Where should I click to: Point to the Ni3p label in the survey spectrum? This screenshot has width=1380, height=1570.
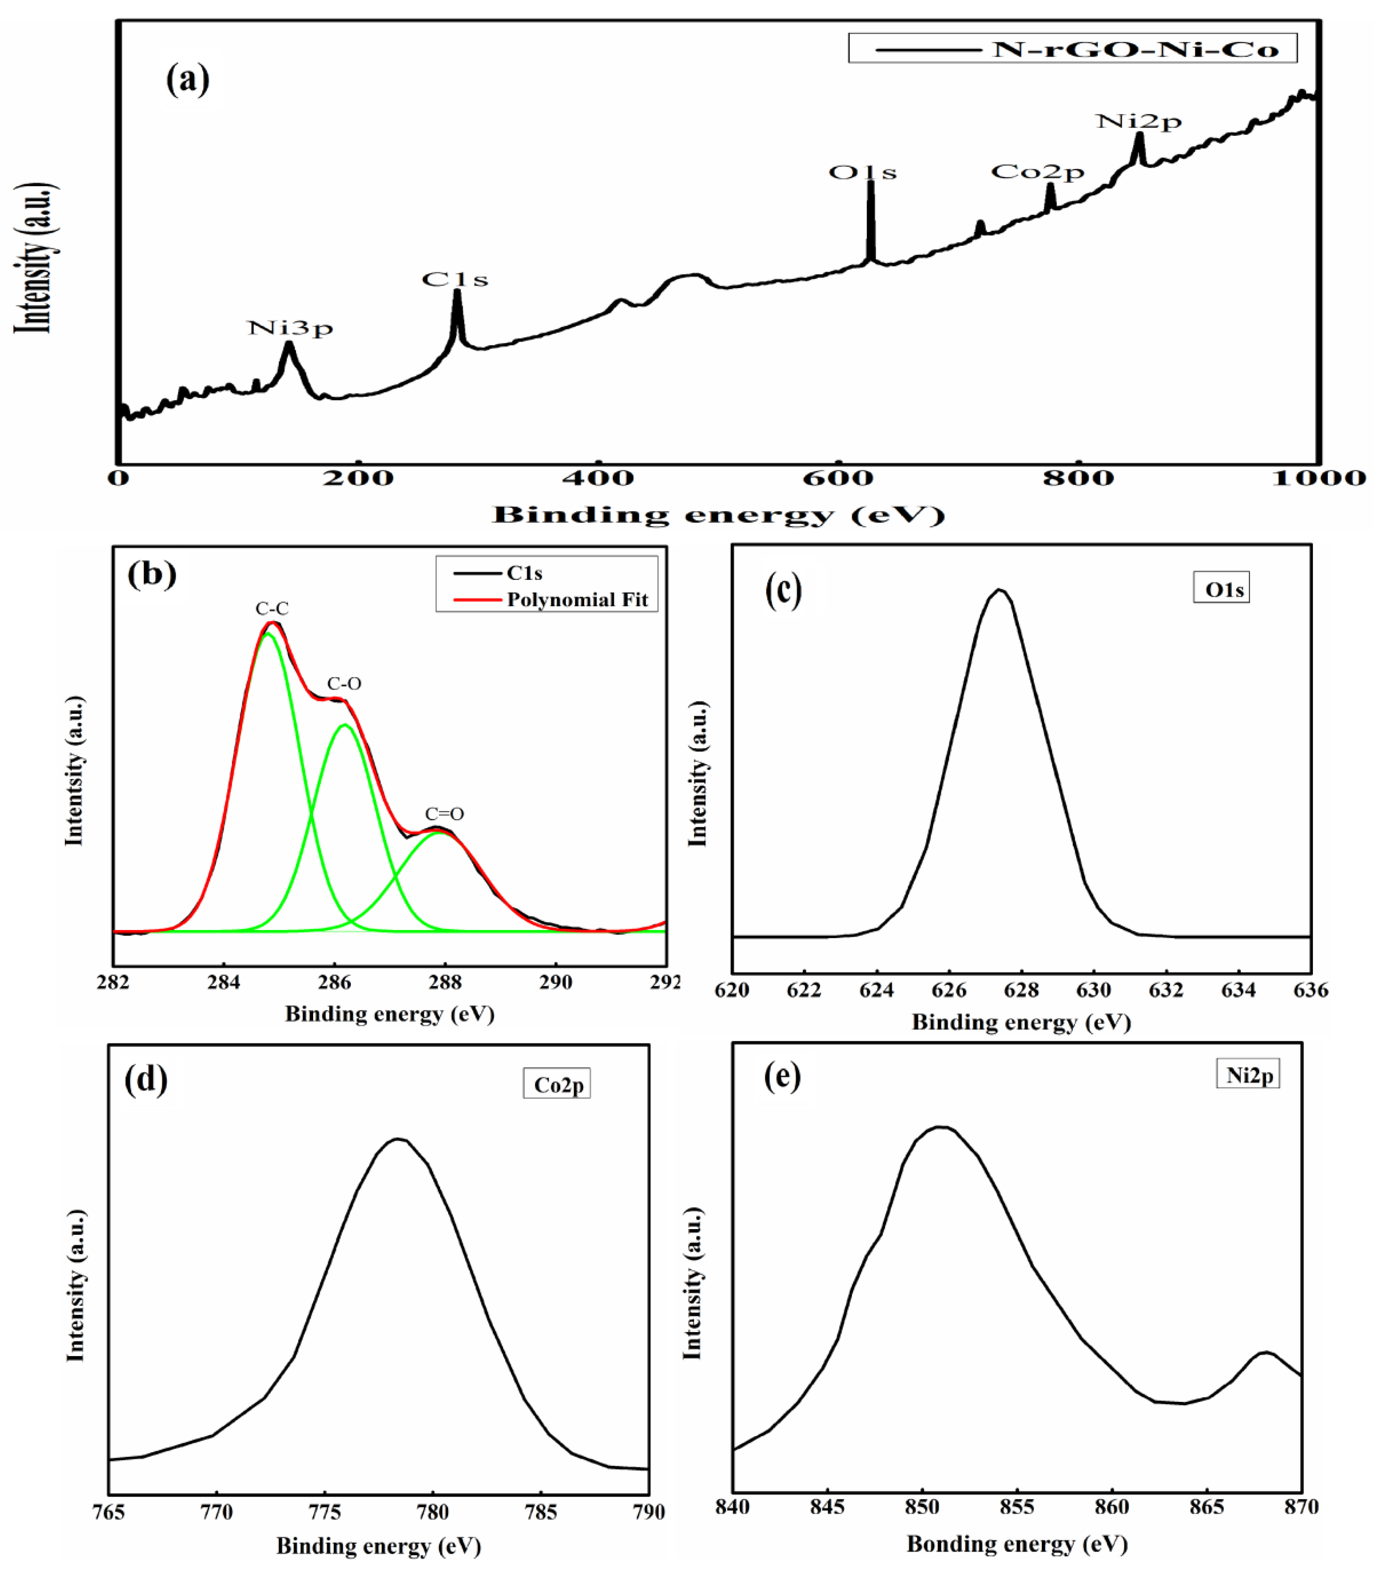coord(290,328)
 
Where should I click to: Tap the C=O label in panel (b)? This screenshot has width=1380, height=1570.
coord(445,814)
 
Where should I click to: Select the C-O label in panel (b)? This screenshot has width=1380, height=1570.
coord(344,684)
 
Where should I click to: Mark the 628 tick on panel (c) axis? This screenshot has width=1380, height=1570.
coord(1021,990)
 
